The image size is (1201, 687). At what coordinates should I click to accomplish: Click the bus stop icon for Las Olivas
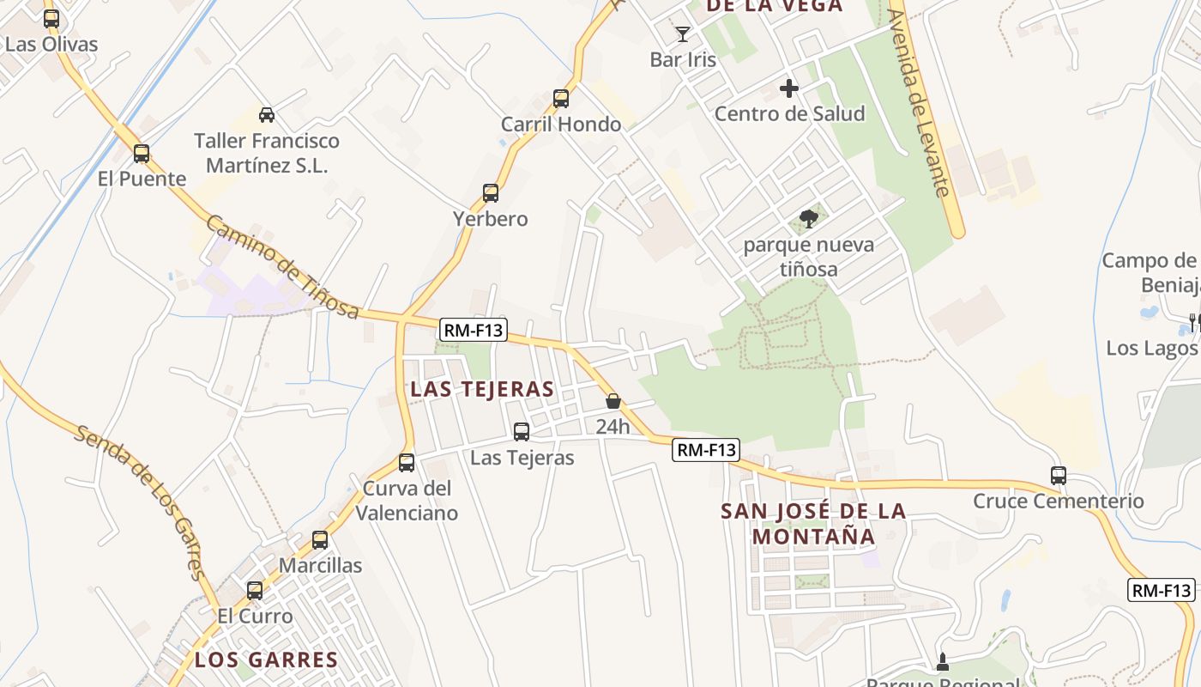[51, 19]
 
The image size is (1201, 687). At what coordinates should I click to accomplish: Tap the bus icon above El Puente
[142, 154]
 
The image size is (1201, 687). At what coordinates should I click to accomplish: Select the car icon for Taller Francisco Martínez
[267, 115]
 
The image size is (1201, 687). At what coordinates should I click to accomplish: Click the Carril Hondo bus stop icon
[561, 99]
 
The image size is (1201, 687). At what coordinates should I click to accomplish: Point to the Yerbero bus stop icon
[491, 193]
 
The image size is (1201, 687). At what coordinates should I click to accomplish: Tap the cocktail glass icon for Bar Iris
[683, 34]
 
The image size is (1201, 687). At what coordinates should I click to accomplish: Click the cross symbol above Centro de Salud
[789, 88]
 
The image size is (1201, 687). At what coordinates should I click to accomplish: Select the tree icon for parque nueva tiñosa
[808, 219]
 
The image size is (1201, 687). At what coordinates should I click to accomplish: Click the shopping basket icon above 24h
[613, 401]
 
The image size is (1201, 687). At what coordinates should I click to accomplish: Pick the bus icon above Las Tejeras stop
[522, 432]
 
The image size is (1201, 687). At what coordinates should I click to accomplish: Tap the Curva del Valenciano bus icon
[407, 463]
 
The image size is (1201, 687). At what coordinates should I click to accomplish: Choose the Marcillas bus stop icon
[320, 540]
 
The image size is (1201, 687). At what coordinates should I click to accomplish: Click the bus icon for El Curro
[255, 591]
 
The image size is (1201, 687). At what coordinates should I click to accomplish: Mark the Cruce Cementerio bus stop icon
[1059, 475]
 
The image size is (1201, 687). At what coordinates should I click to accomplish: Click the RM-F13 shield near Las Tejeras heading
[473, 329]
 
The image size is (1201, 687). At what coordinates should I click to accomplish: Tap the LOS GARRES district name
[266, 660]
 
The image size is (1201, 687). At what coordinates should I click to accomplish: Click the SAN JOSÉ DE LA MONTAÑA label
[813, 523]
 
